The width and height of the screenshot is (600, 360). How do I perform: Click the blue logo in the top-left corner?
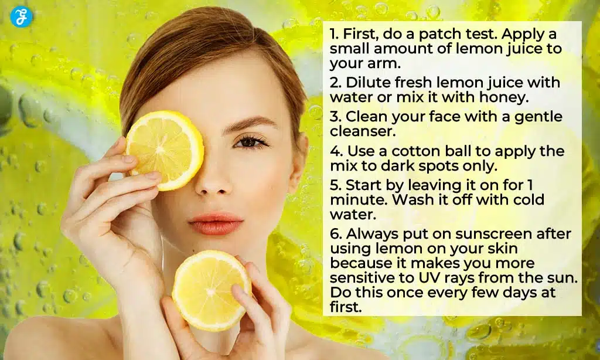pos(21,16)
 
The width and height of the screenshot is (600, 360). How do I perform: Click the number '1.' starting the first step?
pos(335,35)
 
